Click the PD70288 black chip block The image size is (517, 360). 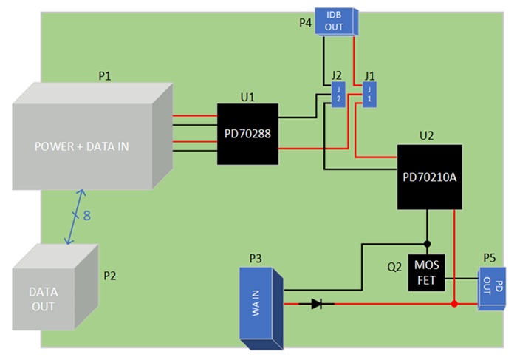pyautogui.click(x=247, y=134)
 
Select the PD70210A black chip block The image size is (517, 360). pyautogui.click(x=429, y=177)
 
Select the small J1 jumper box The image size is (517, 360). pyautogui.click(x=369, y=96)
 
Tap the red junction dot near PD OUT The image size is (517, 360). pyautogui.click(x=454, y=303)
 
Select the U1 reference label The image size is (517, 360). pyautogui.click(x=247, y=96)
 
